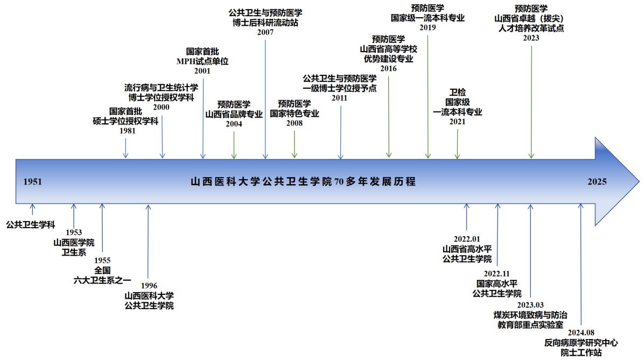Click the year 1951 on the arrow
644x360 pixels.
[33, 181]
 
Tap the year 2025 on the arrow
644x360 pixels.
[597, 181]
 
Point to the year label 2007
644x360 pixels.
[265, 32]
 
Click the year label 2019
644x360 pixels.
[428, 26]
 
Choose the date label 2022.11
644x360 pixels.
[497, 273]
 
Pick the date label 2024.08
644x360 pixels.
[581, 333]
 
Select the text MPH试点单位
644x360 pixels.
[202, 61]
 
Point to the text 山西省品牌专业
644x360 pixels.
[234, 114]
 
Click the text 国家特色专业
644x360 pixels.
[295, 114]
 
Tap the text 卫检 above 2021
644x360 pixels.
[457, 92]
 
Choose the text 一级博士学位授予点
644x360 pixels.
[340, 88]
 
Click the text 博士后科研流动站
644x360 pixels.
[265, 23]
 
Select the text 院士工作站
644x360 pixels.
[581, 352]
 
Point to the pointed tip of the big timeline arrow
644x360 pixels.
[639, 181]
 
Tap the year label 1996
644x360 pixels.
[149, 285]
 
